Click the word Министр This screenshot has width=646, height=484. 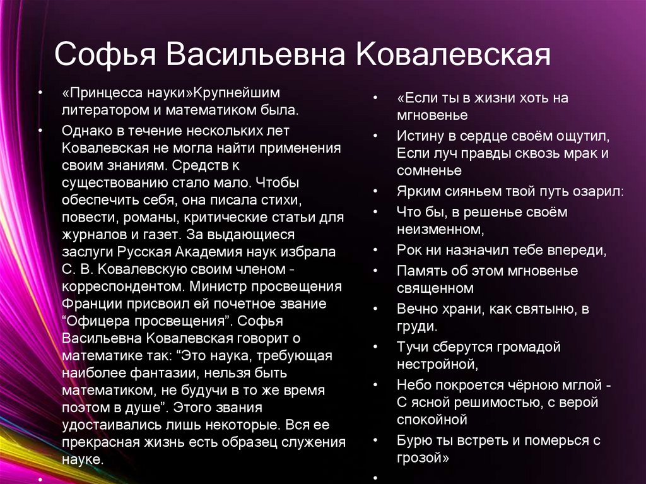click(212, 286)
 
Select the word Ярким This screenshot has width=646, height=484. click(414, 192)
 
